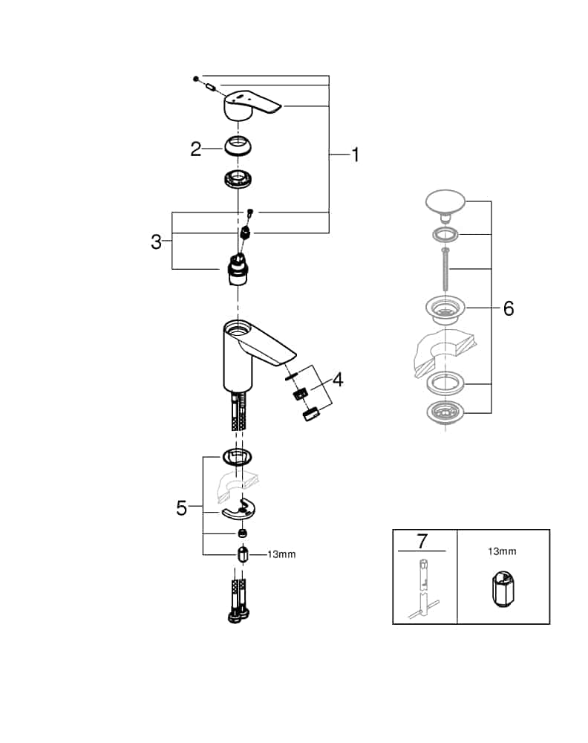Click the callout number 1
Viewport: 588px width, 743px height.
pyautogui.click(x=355, y=155)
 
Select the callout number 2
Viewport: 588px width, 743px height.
pyautogui.click(x=195, y=149)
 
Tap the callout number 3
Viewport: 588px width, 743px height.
pyautogui.click(x=156, y=241)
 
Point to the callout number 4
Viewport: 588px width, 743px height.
pyautogui.click(x=338, y=380)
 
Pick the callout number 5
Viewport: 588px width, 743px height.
pyautogui.click(x=182, y=508)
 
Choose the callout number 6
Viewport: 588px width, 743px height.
pyautogui.click(x=508, y=308)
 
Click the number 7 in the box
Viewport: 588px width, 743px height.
pyautogui.click(x=421, y=539)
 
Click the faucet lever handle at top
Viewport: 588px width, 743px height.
pyautogui.click(x=250, y=104)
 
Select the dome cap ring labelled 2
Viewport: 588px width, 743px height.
pyautogui.click(x=238, y=145)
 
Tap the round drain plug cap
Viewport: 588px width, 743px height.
pyautogui.click(x=445, y=202)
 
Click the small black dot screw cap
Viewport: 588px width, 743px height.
pyautogui.click(x=195, y=78)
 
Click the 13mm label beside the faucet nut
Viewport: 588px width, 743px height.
pyautogui.click(x=281, y=554)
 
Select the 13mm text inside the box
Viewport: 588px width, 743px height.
pyautogui.click(x=502, y=552)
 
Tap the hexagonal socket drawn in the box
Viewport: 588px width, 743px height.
pyautogui.click(x=502, y=590)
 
